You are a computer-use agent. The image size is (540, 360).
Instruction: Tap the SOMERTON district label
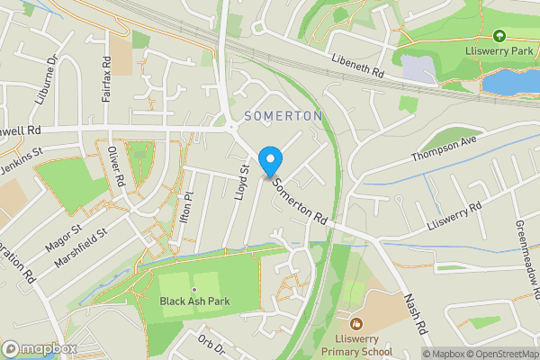(283, 116)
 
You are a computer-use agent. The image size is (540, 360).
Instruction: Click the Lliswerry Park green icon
(499, 36)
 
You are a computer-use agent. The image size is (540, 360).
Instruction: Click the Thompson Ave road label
(443, 148)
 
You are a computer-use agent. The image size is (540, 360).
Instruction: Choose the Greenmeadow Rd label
(526, 260)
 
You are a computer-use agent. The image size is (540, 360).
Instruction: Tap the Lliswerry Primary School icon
(356, 321)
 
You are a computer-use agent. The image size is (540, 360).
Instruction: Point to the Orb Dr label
(212, 345)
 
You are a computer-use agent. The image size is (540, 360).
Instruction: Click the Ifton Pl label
(187, 208)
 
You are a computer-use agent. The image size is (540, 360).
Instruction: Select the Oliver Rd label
(116, 166)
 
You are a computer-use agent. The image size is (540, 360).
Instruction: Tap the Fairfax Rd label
(106, 78)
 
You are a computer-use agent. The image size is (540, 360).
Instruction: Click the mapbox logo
(39, 348)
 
